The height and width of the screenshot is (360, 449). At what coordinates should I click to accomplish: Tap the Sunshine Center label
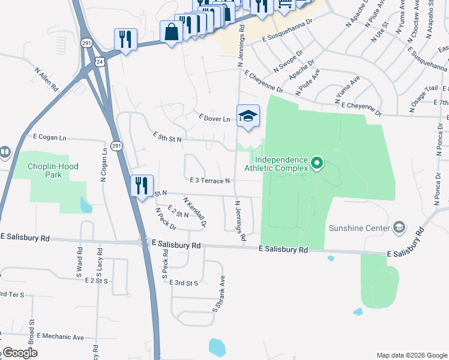(x=358, y=228)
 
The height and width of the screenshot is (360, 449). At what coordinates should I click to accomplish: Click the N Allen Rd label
(x=46, y=79)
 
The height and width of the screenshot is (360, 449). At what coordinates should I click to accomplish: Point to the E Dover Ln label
(x=214, y=119)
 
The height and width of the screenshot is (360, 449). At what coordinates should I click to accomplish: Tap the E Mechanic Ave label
(x=60, y=337)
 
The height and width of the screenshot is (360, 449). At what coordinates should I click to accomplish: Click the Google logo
(x=19, y=353)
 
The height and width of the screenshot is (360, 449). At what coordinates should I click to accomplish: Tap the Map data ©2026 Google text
(x=411, y=355)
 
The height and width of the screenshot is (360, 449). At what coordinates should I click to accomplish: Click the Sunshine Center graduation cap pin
(x=399, y=228)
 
